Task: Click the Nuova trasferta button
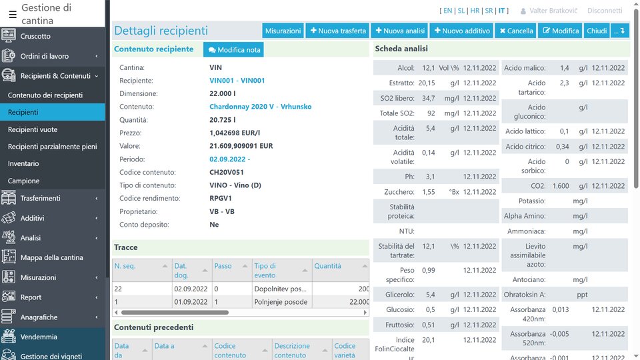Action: point(338,31)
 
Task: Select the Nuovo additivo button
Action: point(461,31)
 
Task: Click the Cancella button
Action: point(515,31)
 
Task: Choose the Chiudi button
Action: point(597,31)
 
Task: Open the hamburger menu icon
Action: point(13,14)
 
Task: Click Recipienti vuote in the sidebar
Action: point(33,130)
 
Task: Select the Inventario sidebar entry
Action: point(23,163)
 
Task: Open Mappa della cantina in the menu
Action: point(52,257)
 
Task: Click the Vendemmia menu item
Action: point(39,337)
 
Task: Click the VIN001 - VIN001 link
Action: point(237,81)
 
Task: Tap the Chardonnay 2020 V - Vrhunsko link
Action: point(260,107)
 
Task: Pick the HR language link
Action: point(475,11)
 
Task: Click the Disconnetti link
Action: point(605,11)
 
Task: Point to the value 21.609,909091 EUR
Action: point(241,146)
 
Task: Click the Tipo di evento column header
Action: point(265,270)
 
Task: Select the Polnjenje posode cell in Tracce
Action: point(281,302)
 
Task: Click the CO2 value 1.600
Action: point(561,186)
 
